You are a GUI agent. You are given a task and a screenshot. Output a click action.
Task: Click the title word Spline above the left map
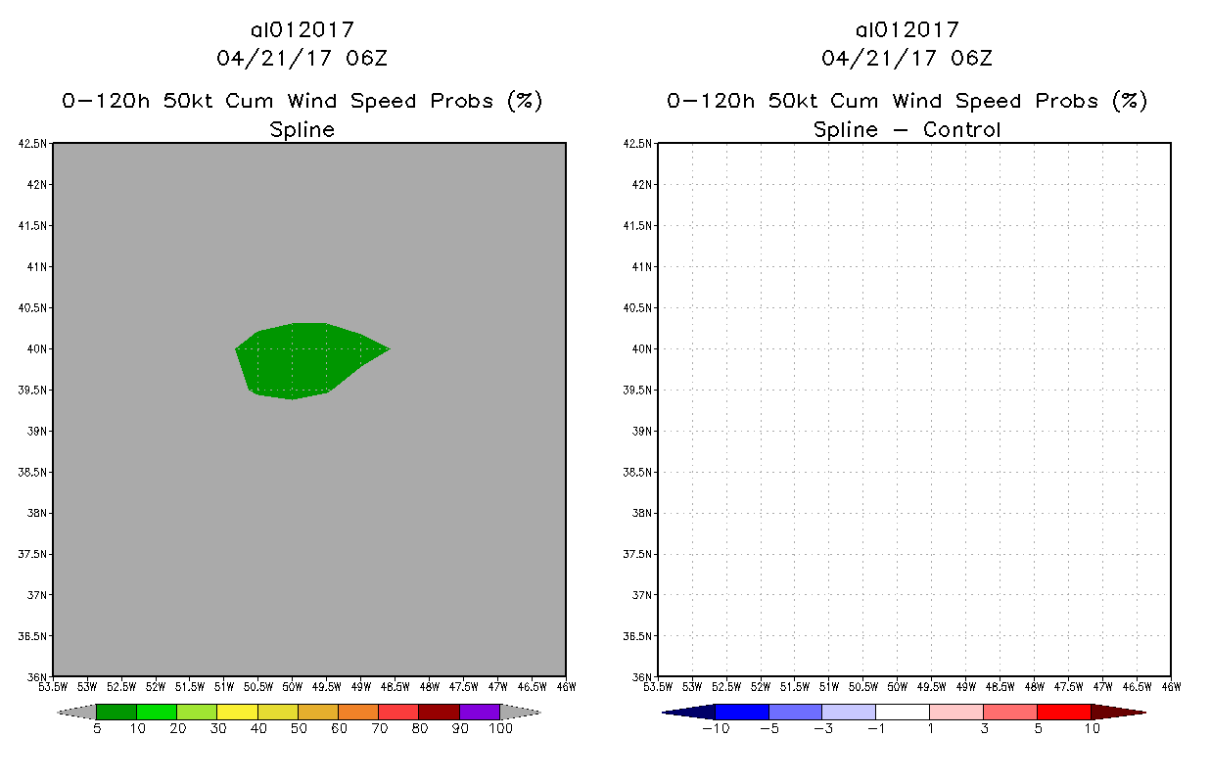[x=302, y=129]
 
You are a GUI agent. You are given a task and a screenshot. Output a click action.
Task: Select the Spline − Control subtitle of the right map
[x=907, y=129]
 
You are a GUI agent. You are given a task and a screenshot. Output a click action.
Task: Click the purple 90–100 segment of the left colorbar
[x=480, y=712]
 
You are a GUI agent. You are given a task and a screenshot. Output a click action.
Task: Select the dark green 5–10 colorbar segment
[x=116, y=712]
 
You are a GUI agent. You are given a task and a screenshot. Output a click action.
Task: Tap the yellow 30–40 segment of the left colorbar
[x=237, y=712]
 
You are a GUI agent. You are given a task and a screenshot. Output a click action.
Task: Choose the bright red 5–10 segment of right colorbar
[x=1063, y=712]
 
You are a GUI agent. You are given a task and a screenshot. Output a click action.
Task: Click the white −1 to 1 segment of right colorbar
[x=902, y=712]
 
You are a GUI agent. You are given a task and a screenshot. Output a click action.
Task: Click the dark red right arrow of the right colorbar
[x=1117, y=712]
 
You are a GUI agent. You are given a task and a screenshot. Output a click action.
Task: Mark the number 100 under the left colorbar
[x=500, y=729]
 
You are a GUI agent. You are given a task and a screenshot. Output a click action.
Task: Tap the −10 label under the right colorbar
[x=716, y=729]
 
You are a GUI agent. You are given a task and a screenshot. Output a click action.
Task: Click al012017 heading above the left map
[x=302, y=30]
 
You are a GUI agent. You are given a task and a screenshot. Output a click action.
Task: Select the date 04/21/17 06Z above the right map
[x=907, y=59]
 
